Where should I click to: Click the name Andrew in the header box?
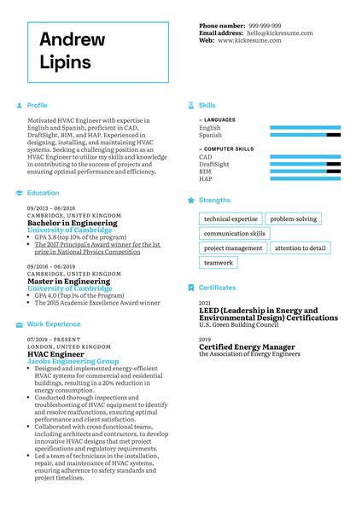point(72,39)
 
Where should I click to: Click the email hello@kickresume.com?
point(280,32)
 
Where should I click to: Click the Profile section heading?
point(37,105)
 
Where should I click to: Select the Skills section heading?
point(207,105)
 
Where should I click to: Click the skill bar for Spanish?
point(305,135)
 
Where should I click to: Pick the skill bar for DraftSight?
point(305,165)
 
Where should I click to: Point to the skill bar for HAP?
point(305,179)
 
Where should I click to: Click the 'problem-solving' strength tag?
point(293,219)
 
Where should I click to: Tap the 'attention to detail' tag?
point(300,248)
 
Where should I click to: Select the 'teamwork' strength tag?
point(219,263)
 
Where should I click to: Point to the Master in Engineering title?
point(67,281)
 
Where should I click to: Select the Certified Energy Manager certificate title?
point(247,347)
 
